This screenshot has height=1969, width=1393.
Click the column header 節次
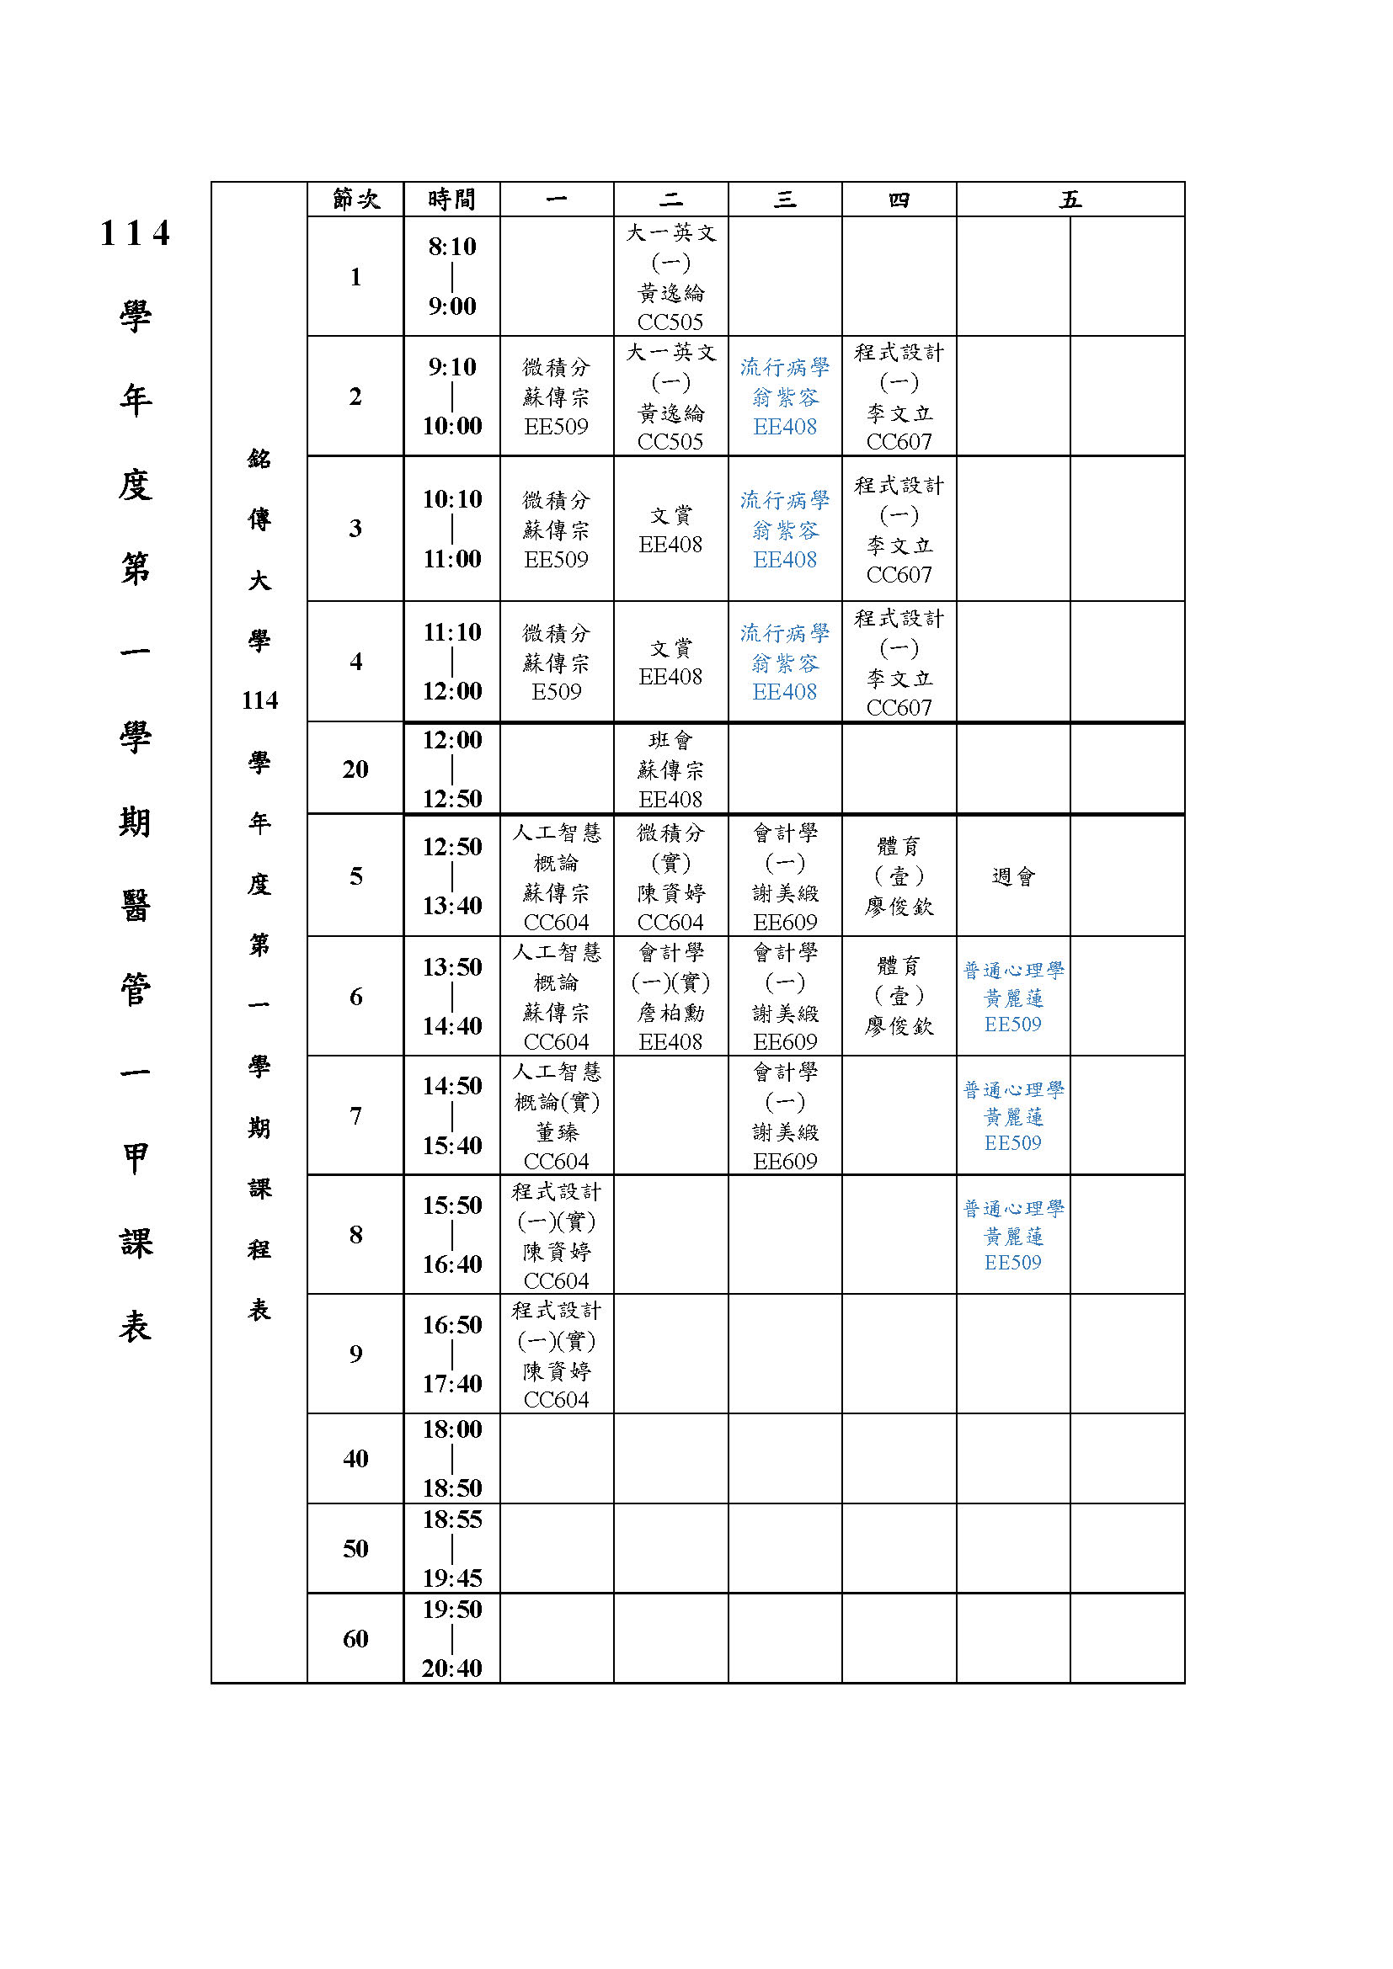355,199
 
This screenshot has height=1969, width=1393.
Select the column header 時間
451,199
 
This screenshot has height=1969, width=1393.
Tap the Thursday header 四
898,199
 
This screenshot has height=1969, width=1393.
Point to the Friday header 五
1070,199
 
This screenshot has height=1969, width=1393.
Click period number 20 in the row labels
355,769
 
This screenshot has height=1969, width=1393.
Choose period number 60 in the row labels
355,1638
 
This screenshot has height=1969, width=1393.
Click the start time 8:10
452,247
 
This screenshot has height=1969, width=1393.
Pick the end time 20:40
452,1667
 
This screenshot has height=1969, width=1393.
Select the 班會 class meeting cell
670,769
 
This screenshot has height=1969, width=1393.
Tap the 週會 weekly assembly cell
1013,876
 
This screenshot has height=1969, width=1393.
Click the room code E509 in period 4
556,691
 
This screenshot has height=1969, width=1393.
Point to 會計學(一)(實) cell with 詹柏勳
670,996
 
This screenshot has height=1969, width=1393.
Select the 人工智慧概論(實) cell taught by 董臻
556,1115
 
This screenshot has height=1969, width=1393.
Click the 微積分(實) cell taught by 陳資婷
670,876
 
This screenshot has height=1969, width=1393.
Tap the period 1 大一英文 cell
670,276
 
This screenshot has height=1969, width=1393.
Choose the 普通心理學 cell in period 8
1013,1235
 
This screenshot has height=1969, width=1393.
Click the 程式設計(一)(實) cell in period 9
556,1354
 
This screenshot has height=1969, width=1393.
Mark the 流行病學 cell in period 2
784,396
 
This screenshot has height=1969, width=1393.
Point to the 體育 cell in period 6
898,996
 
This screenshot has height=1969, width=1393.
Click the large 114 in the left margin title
135,233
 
